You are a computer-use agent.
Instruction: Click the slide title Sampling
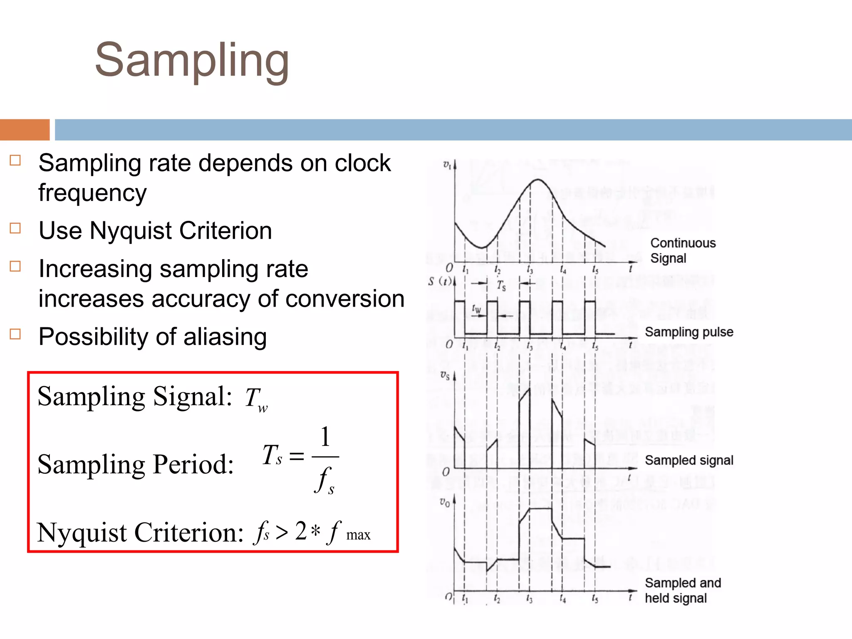click(192, 61)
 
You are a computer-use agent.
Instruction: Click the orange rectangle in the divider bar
click(25, 130)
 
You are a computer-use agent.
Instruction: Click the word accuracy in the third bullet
click(201, 299)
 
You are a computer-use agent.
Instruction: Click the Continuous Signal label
click(683, 250)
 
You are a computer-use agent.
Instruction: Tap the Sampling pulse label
click(689, 332)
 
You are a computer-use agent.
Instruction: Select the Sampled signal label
click(689, 460)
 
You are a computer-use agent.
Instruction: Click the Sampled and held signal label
click(682, 590)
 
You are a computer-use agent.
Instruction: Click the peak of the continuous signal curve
click(538, 180)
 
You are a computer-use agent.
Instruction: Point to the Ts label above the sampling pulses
click(501, 286)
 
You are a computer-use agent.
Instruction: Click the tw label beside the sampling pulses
click(476, 309)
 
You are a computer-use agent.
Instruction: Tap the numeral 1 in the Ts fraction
click(325, 437)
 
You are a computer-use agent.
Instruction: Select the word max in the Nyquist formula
click(358, 535)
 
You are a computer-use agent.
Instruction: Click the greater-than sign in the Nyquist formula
click(282, 532)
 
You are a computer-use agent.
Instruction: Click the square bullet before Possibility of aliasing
click(15, 334)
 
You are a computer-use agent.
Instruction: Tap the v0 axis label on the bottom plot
click(445, 503)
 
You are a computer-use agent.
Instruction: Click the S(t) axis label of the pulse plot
click(440, 282)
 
